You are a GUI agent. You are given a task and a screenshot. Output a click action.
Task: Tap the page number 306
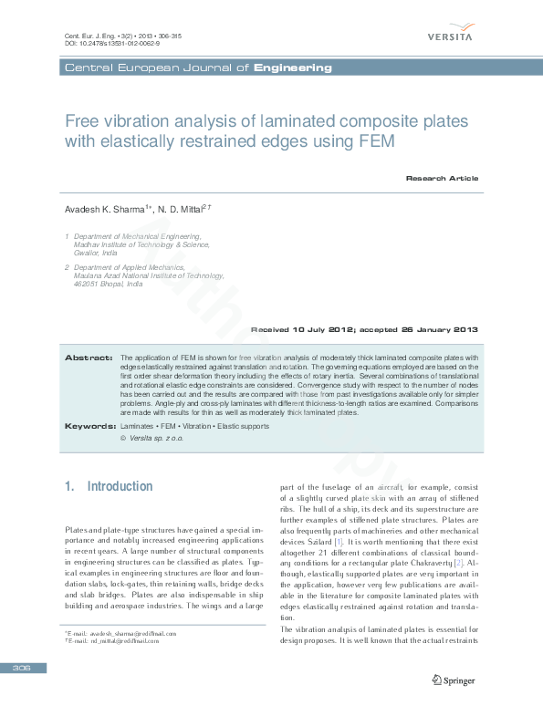[x=22, y=669]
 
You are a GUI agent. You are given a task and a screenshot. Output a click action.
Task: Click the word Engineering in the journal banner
[x=293, y=68]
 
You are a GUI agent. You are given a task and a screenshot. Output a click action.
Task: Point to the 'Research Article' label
[x=442, y=178]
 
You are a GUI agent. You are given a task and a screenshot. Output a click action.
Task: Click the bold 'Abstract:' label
[x=89, y=358]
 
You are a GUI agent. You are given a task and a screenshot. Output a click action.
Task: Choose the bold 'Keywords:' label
[x=89, y=426]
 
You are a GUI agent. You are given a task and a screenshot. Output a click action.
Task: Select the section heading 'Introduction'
[x=120, y=486]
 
